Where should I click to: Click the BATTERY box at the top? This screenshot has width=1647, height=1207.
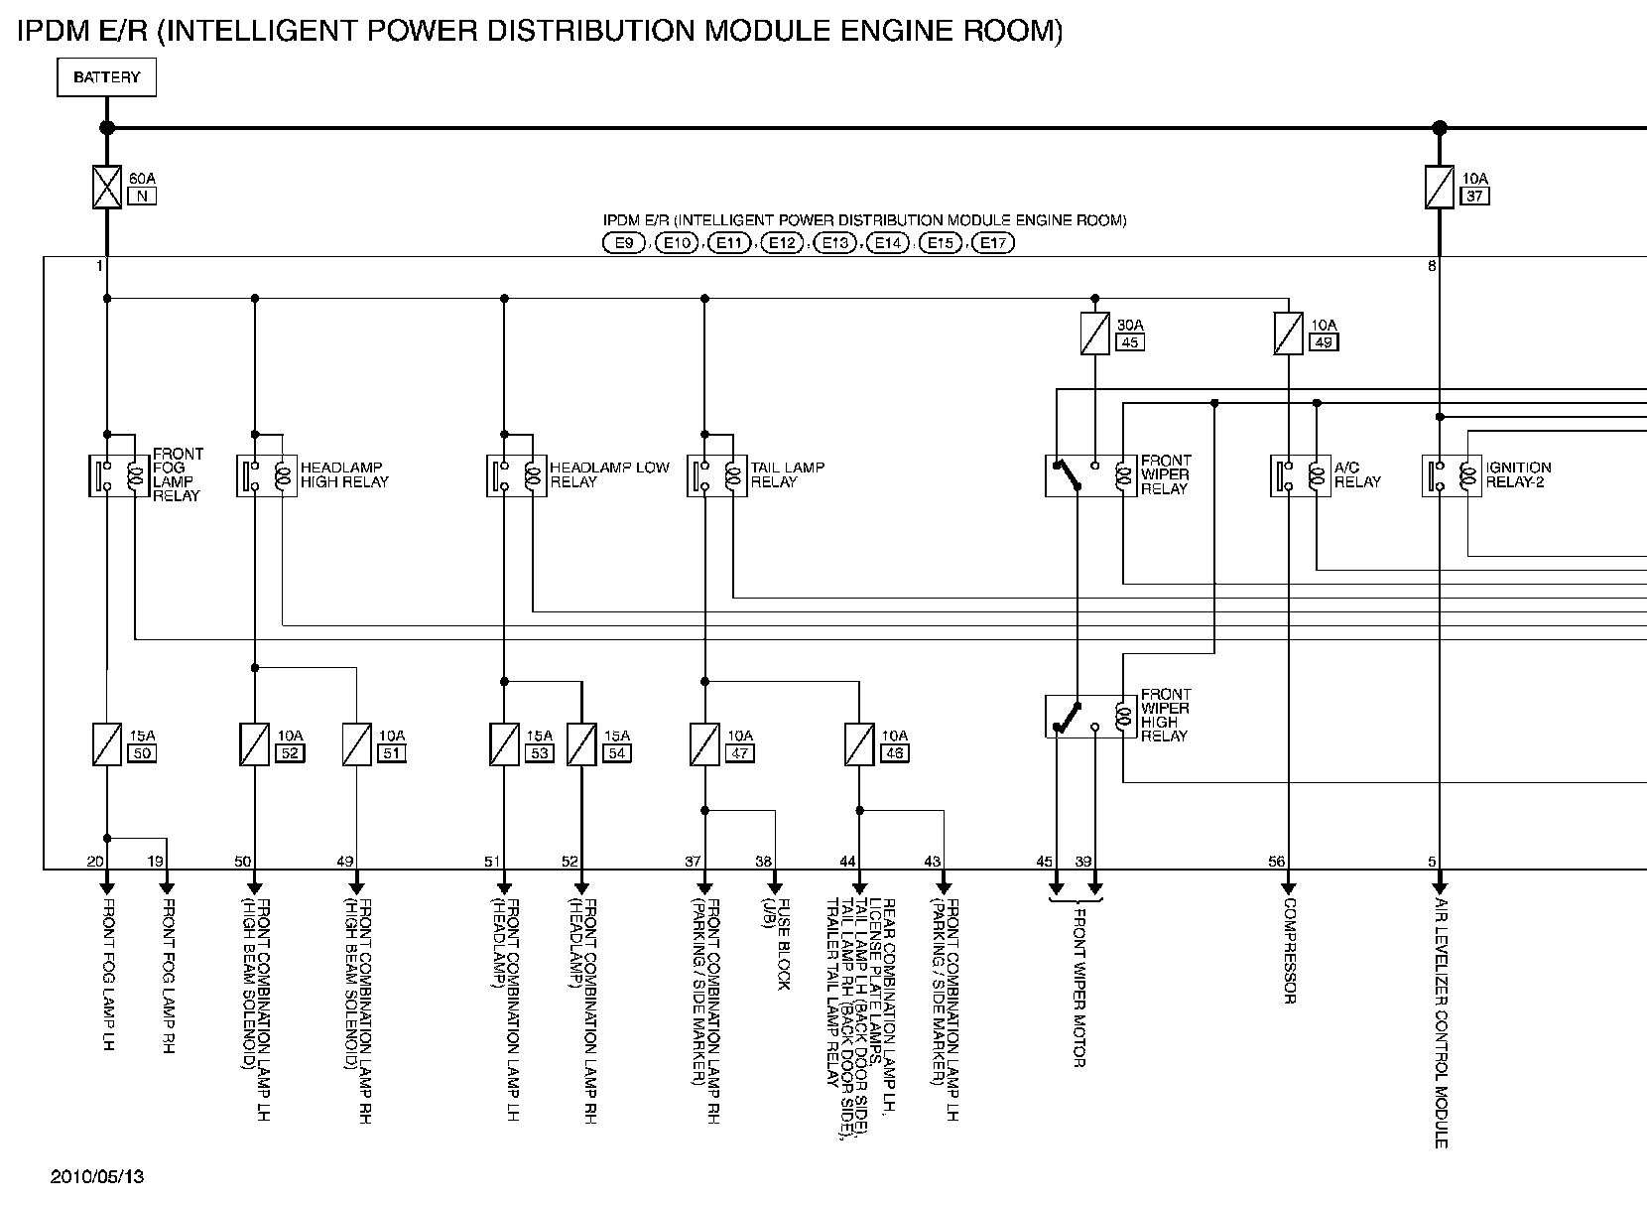click(106, 77)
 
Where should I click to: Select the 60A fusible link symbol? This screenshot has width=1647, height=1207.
click(106, 187)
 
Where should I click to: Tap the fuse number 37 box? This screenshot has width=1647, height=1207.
click(1474, 196)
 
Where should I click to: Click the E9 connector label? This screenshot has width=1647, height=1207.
click(623, 243)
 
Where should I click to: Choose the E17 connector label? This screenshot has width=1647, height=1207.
click(992, 243)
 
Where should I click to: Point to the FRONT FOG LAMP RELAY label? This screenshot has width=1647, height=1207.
click(178, 474)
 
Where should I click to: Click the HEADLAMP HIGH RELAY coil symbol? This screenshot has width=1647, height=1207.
click(283, 475)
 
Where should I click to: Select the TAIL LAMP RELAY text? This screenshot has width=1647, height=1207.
click(787, 474)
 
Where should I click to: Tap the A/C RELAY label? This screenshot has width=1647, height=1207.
click(1356, 474)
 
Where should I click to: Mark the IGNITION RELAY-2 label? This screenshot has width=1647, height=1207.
click(1517, 474)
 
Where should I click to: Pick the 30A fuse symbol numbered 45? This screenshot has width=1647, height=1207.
click(1094, 334)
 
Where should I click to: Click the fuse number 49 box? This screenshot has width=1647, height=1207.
click(1324, 342)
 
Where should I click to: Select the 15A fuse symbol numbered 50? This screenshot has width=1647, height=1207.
click(106, 743)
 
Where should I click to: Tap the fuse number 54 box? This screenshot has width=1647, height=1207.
click(616, 753)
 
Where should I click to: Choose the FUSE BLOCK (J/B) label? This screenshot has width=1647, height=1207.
click(777, 943)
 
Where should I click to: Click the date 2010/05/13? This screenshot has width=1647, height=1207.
click(97, 1176)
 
